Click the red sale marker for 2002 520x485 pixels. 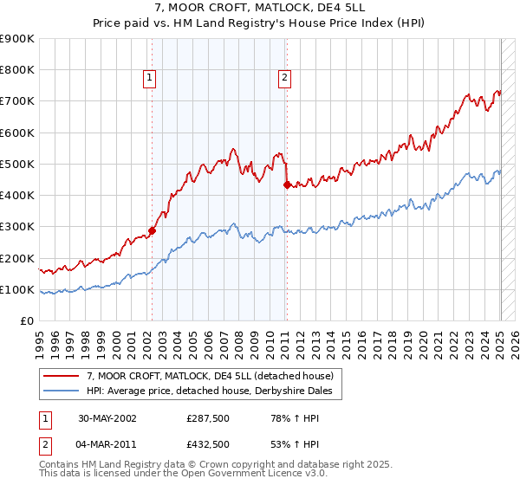[152, 230]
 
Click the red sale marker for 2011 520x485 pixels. [287, 184]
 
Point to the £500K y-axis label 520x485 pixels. [17, 164]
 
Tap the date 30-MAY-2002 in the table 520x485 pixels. [107, 418]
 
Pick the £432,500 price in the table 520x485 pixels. [207, 444]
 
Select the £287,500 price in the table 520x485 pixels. [207, 418]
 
